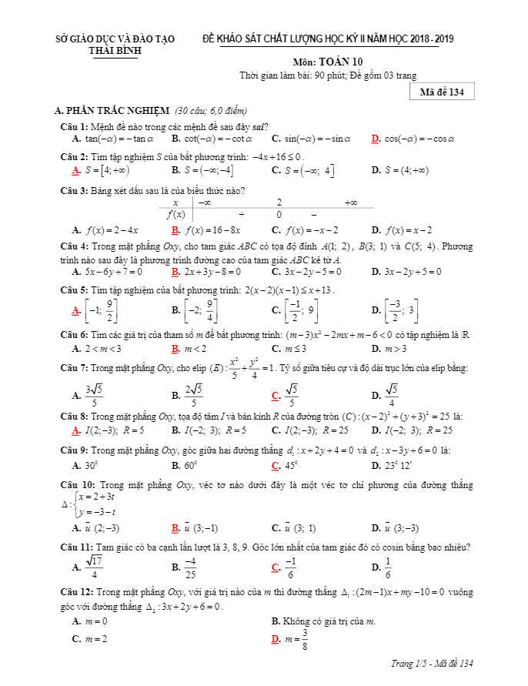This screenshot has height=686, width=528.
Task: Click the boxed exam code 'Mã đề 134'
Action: click(x=441, y=92)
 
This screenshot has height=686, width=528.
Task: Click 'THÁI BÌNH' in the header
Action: click(x=116, y=51)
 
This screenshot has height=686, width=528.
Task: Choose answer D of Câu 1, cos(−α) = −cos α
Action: click(x=419, y=139)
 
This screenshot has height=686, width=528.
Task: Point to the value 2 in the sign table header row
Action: click(x=279, y=202)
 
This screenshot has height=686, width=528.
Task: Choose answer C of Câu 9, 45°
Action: click(x=286, y=466)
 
